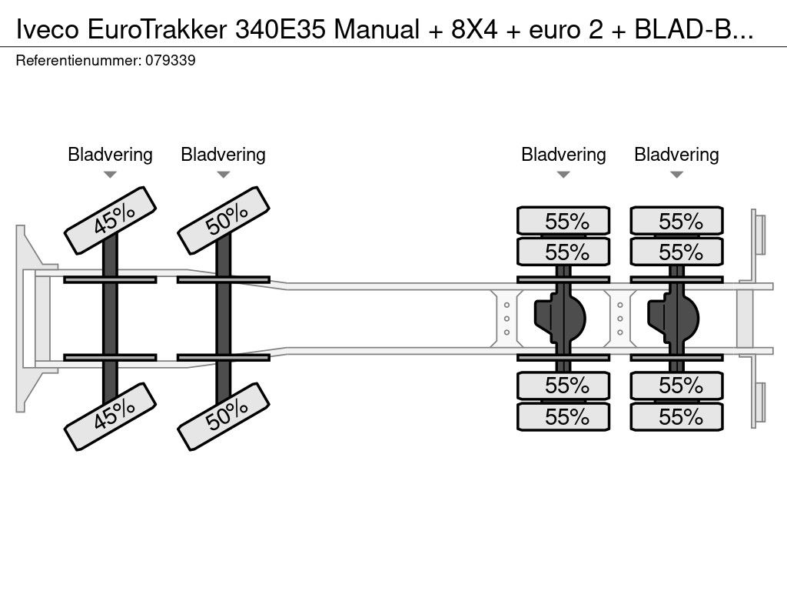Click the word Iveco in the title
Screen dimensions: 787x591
(48, 30)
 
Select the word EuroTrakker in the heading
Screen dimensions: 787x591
(157, 30)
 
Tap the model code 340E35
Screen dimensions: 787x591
(280, 30)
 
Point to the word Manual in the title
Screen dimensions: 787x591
(377, 30)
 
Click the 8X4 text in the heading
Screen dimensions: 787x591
(474, 30)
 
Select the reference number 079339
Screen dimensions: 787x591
(171, 60)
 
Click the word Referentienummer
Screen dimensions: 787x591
(78, 60)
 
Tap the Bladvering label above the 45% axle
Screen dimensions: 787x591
(110, 154)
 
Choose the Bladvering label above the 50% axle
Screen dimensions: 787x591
(223, 154)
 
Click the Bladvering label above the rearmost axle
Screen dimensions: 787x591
(676, 154)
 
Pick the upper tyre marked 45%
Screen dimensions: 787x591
(111, 221)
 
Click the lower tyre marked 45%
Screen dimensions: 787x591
(111, 416)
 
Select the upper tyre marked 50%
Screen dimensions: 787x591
(224, 221)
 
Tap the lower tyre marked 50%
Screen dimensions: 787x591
(224, 416)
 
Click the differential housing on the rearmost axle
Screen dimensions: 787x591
(673, 319)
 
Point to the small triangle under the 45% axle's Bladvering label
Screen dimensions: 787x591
(110, 175)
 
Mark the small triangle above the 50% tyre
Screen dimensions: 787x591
(223, 175)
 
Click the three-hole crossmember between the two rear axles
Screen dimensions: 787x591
(620, 319)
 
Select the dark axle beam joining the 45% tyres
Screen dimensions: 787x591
(110, 319)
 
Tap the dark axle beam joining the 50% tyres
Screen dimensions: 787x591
(224, 319)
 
